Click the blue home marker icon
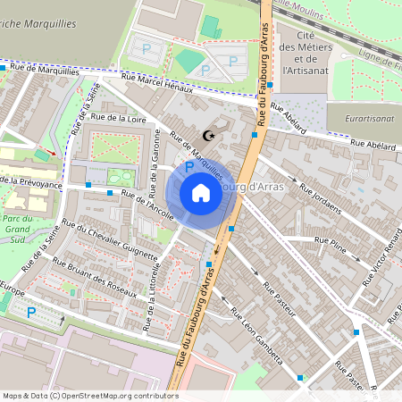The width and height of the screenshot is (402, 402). [x=200, y=193]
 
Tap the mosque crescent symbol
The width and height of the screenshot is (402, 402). [x=210, y=136]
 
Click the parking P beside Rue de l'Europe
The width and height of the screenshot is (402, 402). [x=32, y=313]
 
